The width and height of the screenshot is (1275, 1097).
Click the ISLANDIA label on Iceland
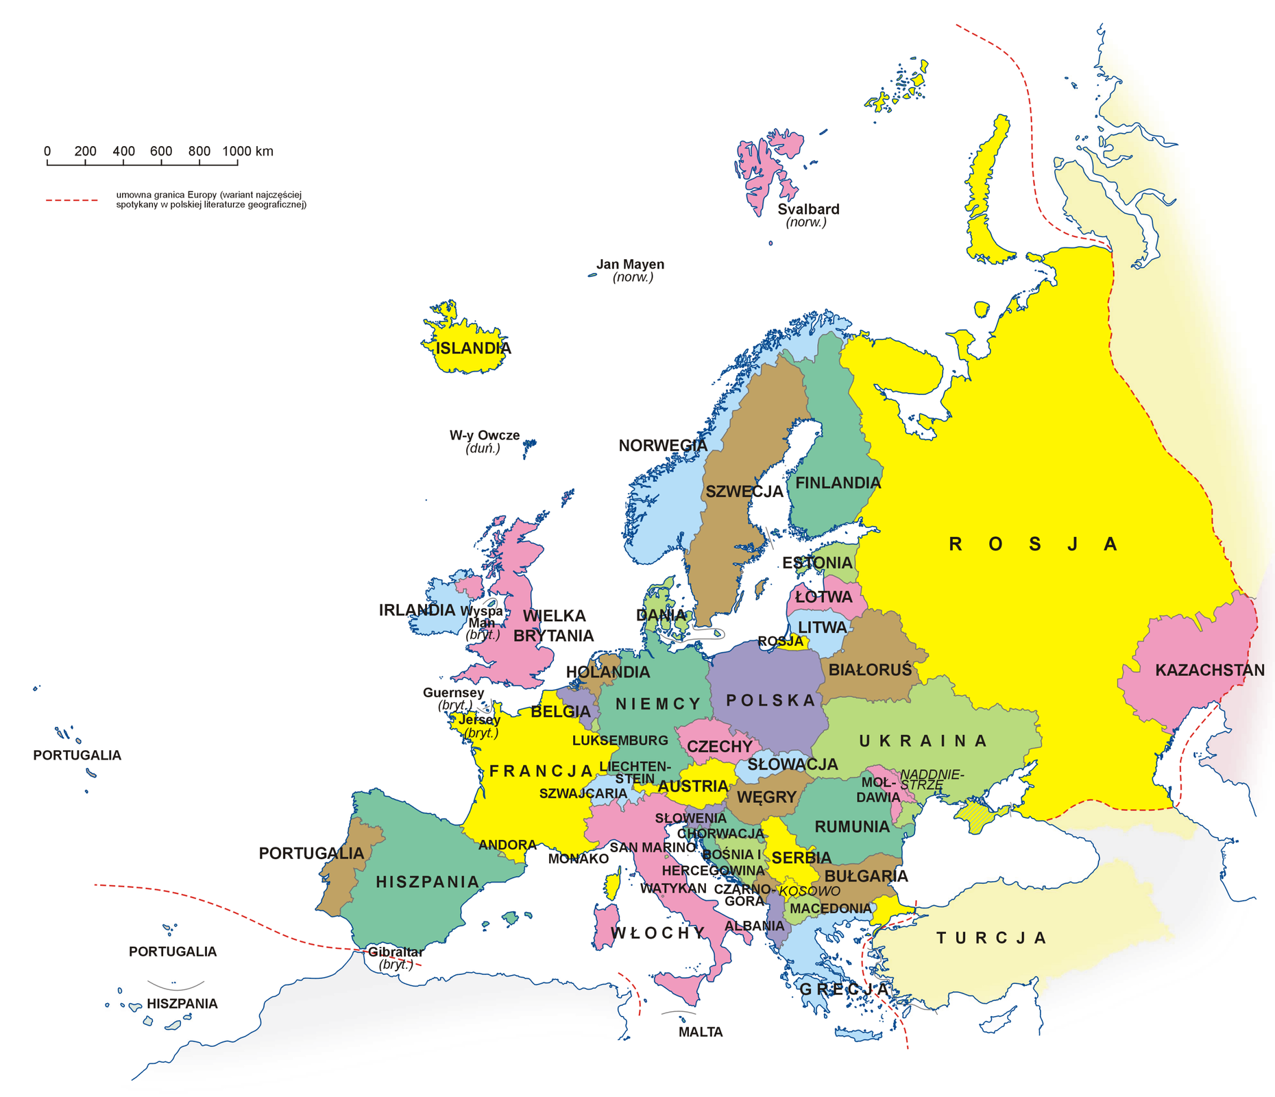coord(473,348)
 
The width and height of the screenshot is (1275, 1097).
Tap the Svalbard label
coord(808,209)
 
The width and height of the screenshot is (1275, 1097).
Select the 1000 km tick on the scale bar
coord(237,162)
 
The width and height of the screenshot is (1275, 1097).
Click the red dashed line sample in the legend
coord(72,200)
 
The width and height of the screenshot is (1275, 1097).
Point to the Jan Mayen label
coord(630,265)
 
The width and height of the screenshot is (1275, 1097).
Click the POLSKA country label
coord(770,700)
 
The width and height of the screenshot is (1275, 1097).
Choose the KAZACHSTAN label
coord(1209,670)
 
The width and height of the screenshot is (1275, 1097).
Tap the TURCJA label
coord(991,937)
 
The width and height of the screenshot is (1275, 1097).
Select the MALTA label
coord(700,1032)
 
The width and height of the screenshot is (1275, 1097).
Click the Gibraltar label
coord(396,952)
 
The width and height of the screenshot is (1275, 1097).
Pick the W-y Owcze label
coord(484,435)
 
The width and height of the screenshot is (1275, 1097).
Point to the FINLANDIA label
coord(838,483)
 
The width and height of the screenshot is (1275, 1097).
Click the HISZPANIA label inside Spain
coord(427,882)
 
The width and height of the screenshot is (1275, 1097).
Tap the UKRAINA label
coord(923,740)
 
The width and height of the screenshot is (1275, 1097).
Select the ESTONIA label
coord(817,563)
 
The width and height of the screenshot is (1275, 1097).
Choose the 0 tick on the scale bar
coord(47,162)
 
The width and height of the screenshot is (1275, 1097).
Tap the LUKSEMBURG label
coord(620,740)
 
